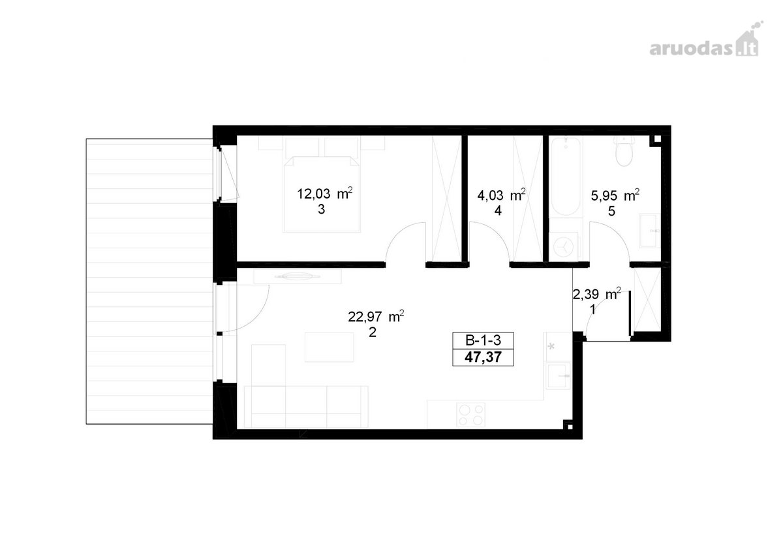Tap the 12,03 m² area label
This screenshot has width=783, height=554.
click(x=325, y=193)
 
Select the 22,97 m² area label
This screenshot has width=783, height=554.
click(x=376, y=316)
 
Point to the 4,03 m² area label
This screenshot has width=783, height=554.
click(x=502, y=195)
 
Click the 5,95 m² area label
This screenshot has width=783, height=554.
click(x=615, y=195)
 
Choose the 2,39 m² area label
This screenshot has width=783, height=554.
click(x=597, y=294)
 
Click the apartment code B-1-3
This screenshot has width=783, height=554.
click(x=483, y=340)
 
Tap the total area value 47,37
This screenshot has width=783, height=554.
click(x=483, y=357)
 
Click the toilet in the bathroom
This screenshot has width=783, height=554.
click(x=624, y=151)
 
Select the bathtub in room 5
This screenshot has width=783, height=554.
click(x=566, y=176)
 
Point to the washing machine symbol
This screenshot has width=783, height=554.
click(x=564, y=246)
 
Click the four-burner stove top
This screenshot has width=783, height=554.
click(x=471, y=415)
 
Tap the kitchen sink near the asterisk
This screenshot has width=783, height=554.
click(x=559, y=376)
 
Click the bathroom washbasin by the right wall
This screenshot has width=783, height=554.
click(x=650, y=231)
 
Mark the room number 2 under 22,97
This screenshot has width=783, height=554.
click(x=373, y=332)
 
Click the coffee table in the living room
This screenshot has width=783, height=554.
click(x=329, y=347)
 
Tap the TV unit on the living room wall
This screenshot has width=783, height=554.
click(x=298, y=276)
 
